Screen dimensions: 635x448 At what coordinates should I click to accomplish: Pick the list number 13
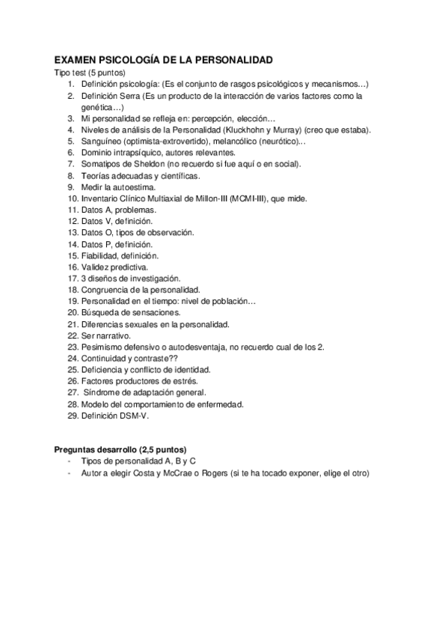coord(73,233)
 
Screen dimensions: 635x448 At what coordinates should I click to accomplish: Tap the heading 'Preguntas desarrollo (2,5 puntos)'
coord(120,449)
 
